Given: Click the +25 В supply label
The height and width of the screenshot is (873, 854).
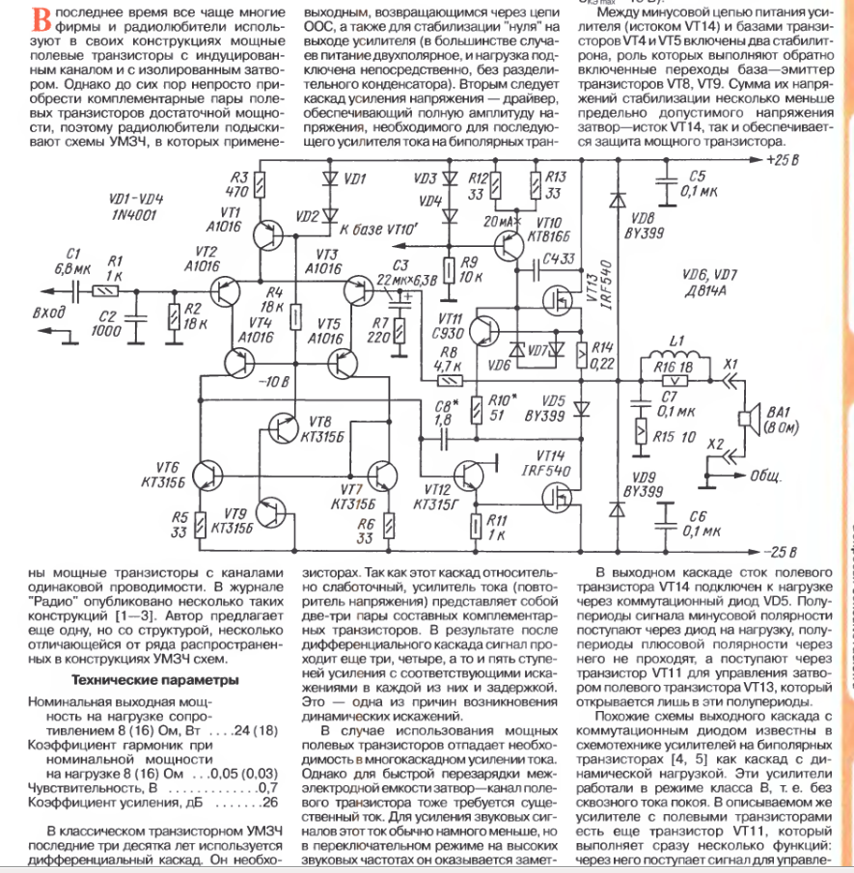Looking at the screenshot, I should pyautogui.click(x=788, y=160).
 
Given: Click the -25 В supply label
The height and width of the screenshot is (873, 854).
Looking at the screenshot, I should pyautogui.click(x=788, y=553).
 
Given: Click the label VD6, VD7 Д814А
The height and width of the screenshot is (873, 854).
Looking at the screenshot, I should pyautogui.click(x=711, y=281).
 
